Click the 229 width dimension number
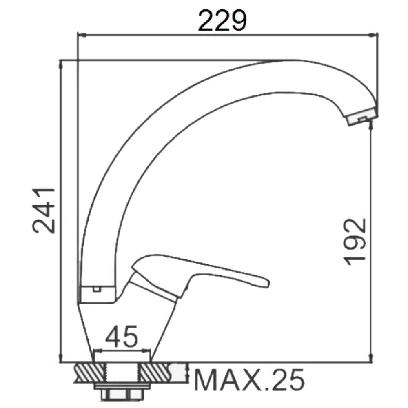pyautogui.click(x=222, y=21)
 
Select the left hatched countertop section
pyautogui.click(x=90, y=373)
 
